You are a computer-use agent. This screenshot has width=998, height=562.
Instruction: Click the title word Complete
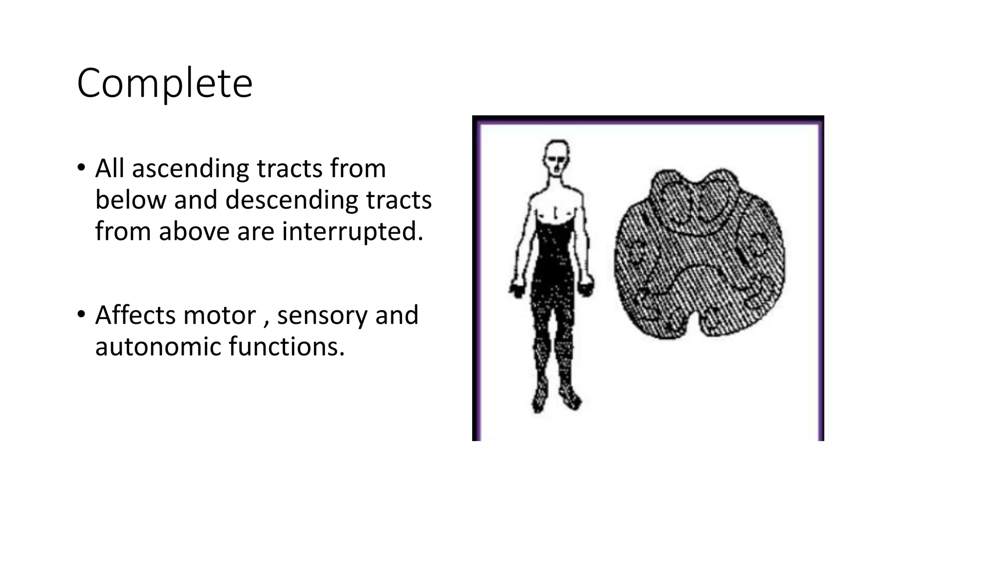[x=165, y=83]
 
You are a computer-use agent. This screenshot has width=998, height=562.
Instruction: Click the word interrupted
[x=353, y=231]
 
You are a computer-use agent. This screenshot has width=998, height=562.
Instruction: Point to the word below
[x=130, y=200]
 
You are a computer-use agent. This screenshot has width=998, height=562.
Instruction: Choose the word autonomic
[x=158, y=346]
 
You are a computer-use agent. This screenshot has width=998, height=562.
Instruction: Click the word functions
[x=287, y=346]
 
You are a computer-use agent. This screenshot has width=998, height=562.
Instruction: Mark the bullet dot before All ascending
[x=81, y=167]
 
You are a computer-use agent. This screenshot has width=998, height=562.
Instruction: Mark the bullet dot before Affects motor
[x=81, y=314]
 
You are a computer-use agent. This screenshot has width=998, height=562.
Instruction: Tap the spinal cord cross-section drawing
[x=699, y=254]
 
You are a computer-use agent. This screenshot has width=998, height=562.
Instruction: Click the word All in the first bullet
[x=110, y=169]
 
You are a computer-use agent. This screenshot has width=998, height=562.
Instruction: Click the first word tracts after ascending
[x=289, y=169]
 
